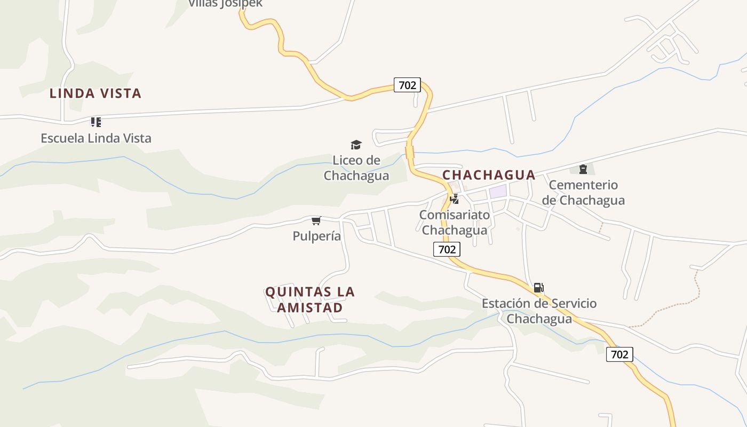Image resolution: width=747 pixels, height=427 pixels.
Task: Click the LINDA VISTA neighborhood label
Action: pyautogui.click(x=96, y=93)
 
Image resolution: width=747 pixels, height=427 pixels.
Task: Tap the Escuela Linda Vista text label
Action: pyautogui.click(x=96, y=138)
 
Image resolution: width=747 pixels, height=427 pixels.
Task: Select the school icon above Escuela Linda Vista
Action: pyautogui.click(x=96, y=122)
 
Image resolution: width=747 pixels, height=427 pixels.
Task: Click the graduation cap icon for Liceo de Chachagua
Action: pyautogui.click(x=356, y=145)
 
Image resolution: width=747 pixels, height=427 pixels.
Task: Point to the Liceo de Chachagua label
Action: pyautogui.click(x=356, y=168)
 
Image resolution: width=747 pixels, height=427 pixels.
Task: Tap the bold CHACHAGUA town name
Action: pyautogui.click(x=489, y=175)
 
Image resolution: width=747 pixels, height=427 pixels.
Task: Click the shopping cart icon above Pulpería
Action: pyautogui.click(x=316, y=220)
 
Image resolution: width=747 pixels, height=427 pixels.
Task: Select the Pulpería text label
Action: pyautogui.click(x=316, y=235)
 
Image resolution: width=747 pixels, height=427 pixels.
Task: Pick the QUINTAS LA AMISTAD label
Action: pyautogui.click(x=310, y=299)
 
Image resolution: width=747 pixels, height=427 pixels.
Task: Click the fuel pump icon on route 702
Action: pyautogui.click(x=539, y=288)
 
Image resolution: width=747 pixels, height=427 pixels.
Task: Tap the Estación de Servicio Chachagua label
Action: pyautogui.click(x=539, y=311)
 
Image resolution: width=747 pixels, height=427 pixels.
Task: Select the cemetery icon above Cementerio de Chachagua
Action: pyautogui.click(x=583, y=169)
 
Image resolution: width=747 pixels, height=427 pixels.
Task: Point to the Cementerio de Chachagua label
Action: pyautogui.click(x=583, y=193)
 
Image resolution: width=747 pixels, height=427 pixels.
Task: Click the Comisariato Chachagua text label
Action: pyautogui.click(x=455, y=222)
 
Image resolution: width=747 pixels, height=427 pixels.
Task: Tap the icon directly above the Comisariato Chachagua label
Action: pyautogui.click(x=455, y=199)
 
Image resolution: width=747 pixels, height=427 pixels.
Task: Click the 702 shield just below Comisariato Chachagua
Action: pyautogui.click(x=447, y=249)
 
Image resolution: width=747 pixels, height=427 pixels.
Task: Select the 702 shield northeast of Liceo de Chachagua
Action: pyautogui.click(x=407, y=85)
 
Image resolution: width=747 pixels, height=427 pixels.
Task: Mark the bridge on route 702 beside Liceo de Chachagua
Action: pyautogui.click(x=410, y=153)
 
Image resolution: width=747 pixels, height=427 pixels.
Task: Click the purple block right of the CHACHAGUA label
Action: pyautogui.click(x=498, y=191)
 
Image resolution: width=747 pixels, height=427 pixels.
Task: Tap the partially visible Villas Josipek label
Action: pyautogui.click(x=225, y=4)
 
